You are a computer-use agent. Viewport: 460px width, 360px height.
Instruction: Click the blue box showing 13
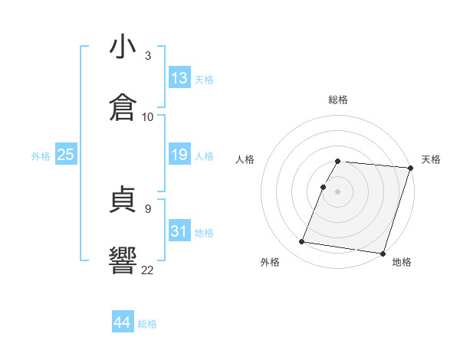(179, 78)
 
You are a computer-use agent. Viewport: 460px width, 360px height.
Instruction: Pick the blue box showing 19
(179, 155)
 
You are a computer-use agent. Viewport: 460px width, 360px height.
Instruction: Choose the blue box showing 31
(179, 231)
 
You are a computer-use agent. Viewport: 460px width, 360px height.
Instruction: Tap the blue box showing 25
(66, 155)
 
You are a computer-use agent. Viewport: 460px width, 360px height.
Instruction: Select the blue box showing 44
(123, 322)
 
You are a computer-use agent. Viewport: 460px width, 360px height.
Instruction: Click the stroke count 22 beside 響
(148, 269)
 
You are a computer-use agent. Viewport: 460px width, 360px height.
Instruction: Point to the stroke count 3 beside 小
(148, 56)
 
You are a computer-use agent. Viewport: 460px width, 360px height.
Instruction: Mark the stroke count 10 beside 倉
(148, 116)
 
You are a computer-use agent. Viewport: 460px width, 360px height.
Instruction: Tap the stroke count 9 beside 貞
(148, 208)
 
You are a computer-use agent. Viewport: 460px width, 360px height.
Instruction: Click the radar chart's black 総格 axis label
(338, 100)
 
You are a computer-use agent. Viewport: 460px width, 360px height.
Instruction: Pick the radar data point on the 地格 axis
(383, 253)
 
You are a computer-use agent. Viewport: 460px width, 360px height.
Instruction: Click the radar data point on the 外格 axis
(301, 242)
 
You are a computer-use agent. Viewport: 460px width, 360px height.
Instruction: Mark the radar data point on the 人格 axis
(323, 187)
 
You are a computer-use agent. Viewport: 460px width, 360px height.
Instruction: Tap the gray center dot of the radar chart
(338, 191)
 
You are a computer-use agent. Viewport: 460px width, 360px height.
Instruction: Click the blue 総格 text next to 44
(148, 323)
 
